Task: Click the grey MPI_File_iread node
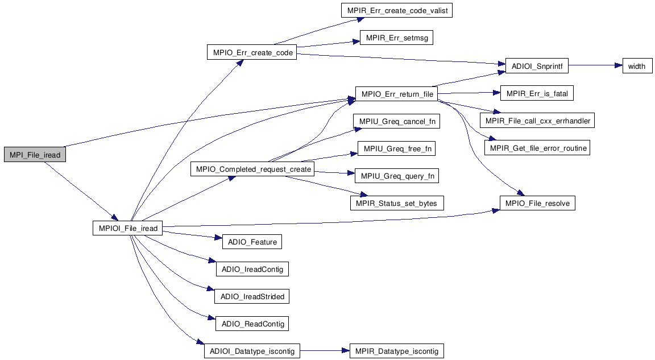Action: pyautogui.click(x=35, y=155)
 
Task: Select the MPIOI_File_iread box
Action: pyautogui.click(x=128, y=229)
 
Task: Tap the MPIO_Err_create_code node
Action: pyautogui.click(x=253, y=53)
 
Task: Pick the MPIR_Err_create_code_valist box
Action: pyautogui.click(x=397, y=11)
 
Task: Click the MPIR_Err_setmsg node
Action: pyautogui.click(x=397, y=39)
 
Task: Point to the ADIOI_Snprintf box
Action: pyautogui.click(x=536, y=66)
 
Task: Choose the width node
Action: pyautogui.click(x=636, y=66)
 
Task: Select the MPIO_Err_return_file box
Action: pyautogui.click(x=396, y=94)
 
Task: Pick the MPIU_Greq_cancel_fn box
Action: pyautogui.click(x=397, y=122)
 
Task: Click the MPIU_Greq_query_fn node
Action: pyautogui.click(x=397, y=176)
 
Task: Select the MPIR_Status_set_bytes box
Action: pyautogui.click(x=397, y=203)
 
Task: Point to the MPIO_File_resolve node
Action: pyautogui.click(x=537, y=203)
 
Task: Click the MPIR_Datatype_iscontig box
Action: pyautogui.click(x=397, y=351)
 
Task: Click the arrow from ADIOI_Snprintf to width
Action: pyautogui.click(x=595, y=66)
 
